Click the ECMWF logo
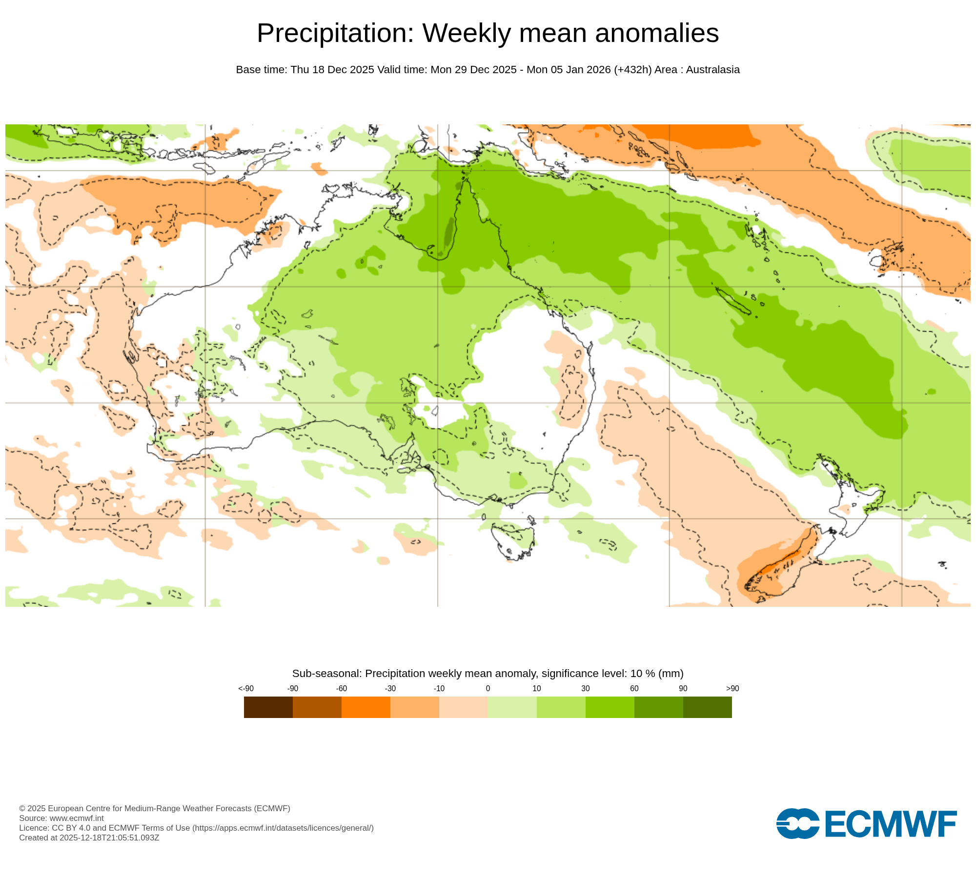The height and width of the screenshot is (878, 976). (866, 824)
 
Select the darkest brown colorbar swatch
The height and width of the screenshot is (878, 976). (268, 707)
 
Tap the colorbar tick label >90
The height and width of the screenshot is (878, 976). (732, 689)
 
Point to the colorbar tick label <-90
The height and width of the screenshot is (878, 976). (246, 689)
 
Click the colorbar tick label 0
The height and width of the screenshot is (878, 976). (488, 689)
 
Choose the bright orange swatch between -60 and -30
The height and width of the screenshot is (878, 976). (366, 707)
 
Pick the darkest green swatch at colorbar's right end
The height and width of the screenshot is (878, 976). (708, 707)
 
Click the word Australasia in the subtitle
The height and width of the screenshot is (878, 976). (712, 70)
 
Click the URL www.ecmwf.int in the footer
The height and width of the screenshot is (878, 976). (77, 818)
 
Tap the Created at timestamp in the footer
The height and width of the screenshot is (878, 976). (89, 838)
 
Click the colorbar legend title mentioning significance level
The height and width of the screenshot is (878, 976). (488, 674)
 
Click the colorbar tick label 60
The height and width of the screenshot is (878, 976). (634, 689)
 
